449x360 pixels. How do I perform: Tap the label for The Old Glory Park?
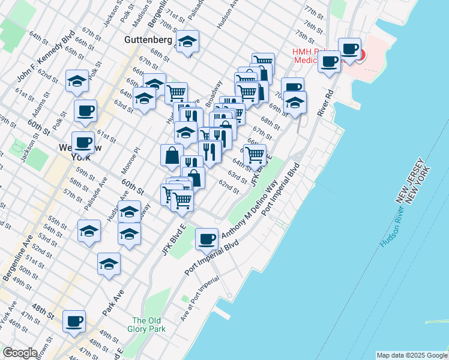[146, 325]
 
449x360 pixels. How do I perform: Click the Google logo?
[20, 353]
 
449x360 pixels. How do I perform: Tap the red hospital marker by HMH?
[360, 55]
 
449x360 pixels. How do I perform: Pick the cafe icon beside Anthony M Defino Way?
[207, 239]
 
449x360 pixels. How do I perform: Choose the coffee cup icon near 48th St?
[74, 321]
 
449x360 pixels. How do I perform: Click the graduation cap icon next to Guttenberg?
[188, 42]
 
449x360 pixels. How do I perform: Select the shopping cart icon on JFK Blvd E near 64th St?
[255, 154]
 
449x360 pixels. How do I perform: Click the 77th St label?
[315, 11]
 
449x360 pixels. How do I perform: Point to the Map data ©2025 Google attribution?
[412, 355]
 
